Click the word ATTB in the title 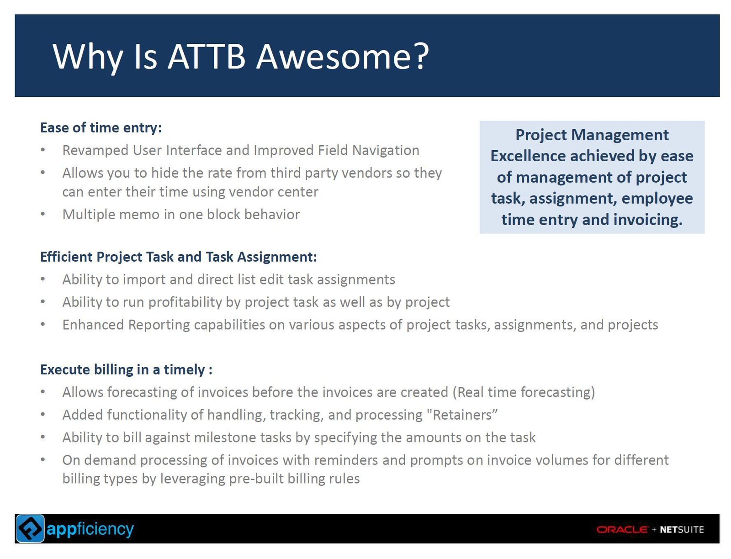207,57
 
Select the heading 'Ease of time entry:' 101,128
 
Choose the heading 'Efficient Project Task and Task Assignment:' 179,257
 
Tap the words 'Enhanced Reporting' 126,325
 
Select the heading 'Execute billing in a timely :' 126,370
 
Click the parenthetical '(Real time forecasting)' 523,392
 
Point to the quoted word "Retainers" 462,415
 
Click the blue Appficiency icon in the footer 30,528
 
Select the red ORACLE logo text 622,529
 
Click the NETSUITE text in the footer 682,530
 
